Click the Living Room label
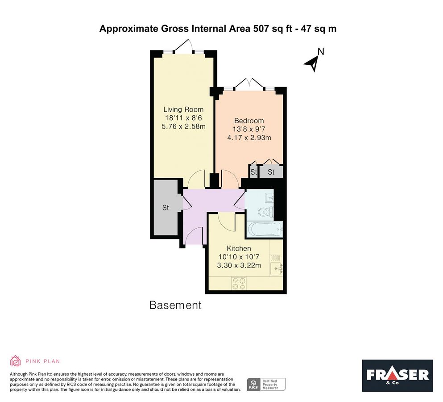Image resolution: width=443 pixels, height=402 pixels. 183,109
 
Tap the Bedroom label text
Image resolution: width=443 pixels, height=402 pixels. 249,121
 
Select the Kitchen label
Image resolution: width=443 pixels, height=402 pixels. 239,248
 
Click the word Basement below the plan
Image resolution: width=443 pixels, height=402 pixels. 175,306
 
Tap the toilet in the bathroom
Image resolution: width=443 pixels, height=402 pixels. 266,212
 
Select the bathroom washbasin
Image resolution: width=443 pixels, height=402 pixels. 269,197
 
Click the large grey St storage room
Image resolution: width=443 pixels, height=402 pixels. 166,208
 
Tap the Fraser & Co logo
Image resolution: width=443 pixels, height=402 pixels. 397,375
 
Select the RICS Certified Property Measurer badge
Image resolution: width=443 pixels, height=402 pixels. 266,384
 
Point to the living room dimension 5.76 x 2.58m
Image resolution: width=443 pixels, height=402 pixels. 183,126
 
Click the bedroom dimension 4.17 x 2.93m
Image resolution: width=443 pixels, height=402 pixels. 249,138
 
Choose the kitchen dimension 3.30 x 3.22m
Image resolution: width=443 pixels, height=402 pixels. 239,265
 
